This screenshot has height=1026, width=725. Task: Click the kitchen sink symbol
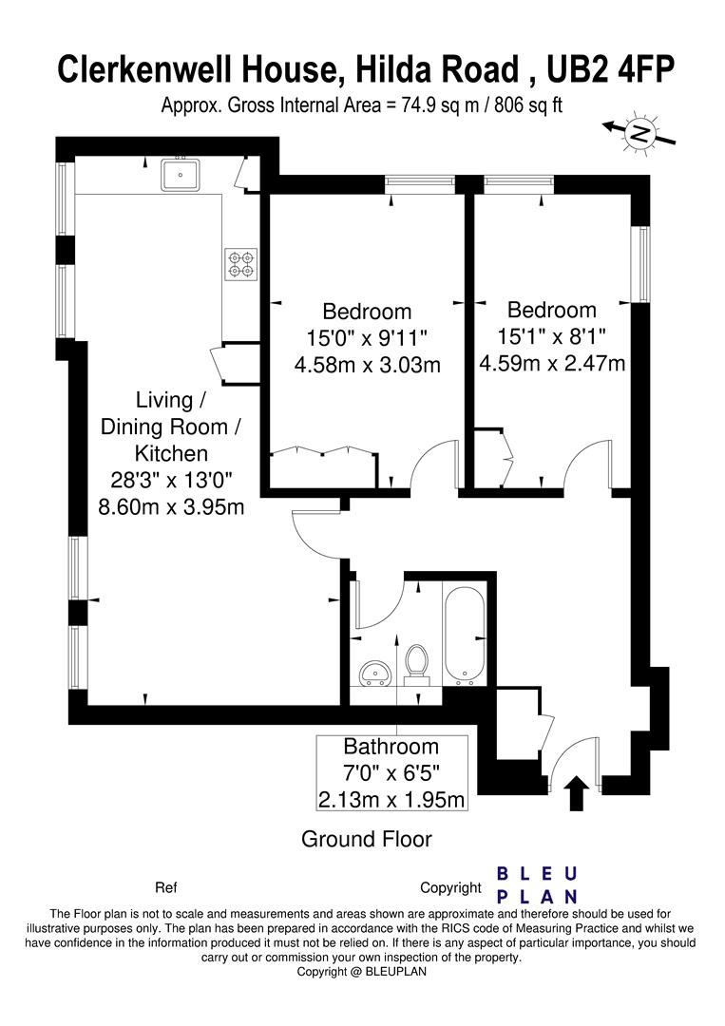click(x=179, y=175)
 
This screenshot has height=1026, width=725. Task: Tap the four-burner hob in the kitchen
click(x=240, y=264)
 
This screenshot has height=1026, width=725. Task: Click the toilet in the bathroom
click(x=415, y=663)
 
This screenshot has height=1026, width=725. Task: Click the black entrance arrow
click(x=575, y=793)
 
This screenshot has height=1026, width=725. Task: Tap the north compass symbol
click(x=639, y=134)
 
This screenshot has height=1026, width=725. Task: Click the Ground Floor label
click(x=366, y=839)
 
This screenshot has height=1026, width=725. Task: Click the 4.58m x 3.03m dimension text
click(x=367, y=364)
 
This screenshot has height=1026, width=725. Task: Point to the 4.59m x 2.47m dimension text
click(x=552, y=362)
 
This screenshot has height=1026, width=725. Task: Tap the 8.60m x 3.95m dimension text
click(x=171, y=506)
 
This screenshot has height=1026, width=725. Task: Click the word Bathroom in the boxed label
click(x=391, y=747)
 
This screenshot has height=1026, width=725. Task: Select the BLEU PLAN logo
click(x=538, y=885)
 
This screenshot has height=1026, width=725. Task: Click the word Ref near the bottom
click(x=165, y=888)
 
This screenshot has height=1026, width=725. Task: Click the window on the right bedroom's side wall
click(x=643, y=264)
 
